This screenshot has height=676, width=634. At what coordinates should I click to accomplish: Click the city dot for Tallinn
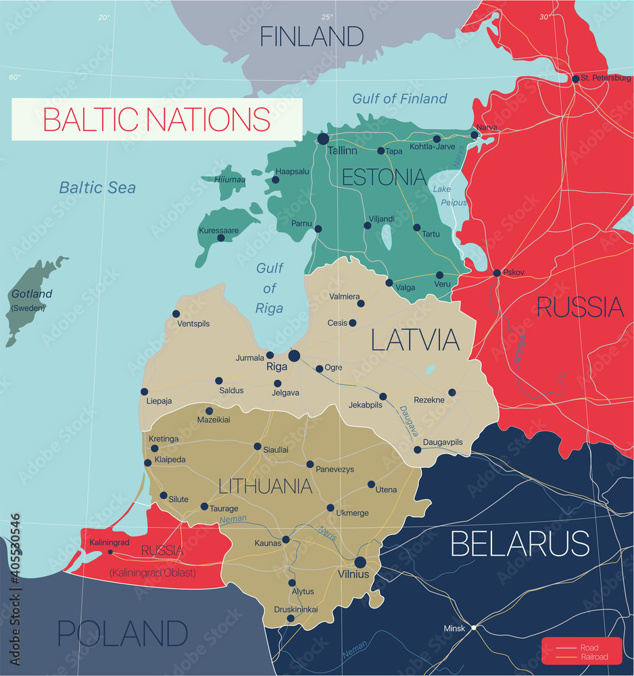coord(323,139)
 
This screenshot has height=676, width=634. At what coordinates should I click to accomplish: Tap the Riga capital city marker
coord(294,356)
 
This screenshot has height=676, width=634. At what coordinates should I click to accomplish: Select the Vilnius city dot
coord(360,562)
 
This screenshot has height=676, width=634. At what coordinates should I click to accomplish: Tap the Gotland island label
coord(31,294)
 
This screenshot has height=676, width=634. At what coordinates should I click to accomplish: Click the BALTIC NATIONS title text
coord(157,119)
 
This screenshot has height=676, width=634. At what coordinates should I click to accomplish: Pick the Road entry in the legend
coord(589,647)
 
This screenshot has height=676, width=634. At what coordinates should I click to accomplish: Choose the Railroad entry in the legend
coord(593,657)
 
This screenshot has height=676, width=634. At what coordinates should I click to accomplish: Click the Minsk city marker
coord(474,628)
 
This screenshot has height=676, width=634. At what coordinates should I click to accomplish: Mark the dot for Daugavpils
coord(417,450)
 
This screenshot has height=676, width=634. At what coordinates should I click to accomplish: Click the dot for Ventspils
coord(176,314)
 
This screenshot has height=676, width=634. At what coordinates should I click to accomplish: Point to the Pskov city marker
coord(497,273)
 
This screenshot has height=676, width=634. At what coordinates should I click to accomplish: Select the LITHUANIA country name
coord(265,486)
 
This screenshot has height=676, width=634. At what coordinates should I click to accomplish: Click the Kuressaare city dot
coord(220,238)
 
